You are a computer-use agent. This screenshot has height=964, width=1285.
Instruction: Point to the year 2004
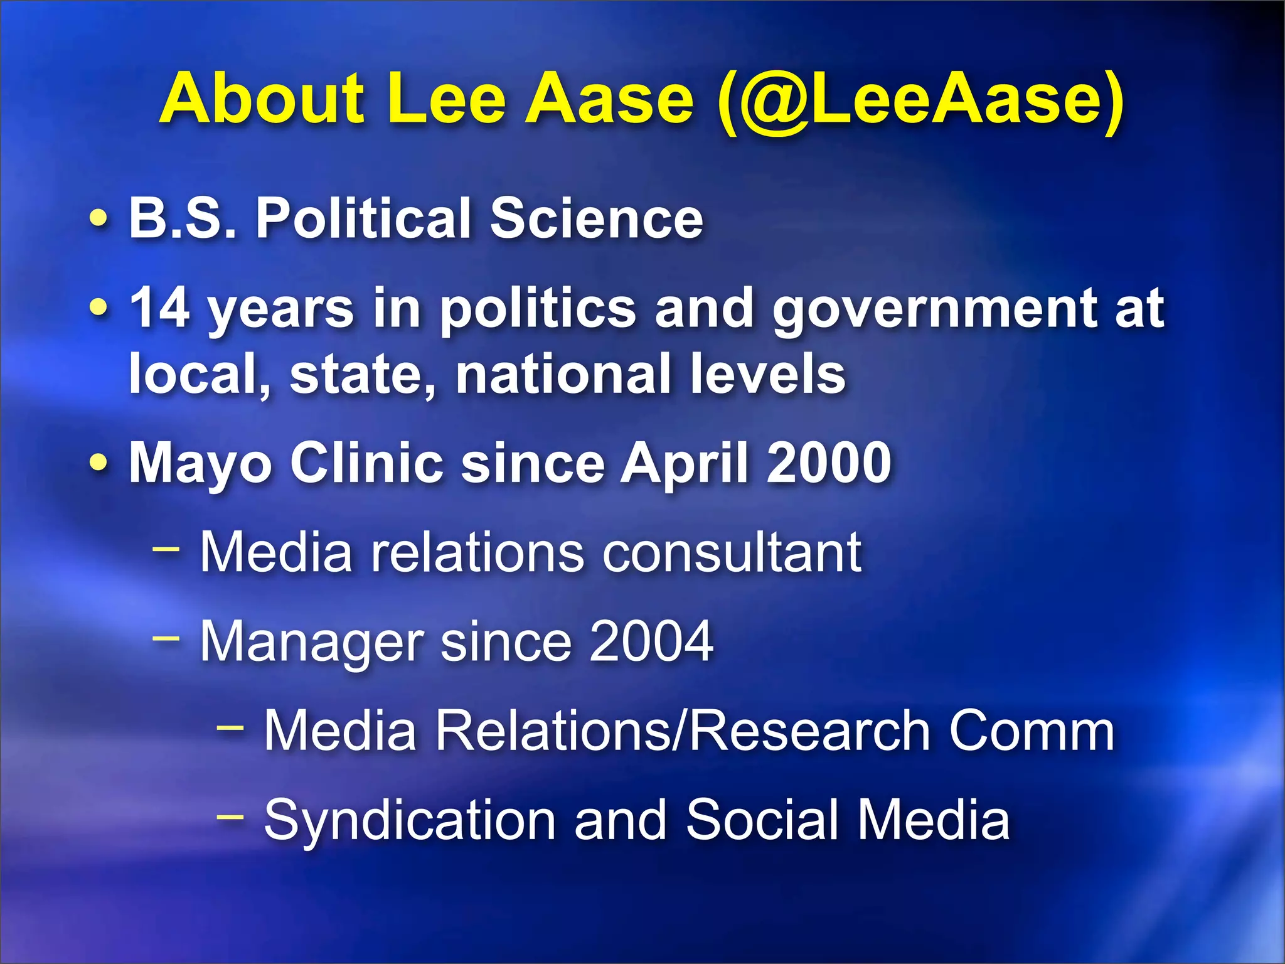click(651, 641)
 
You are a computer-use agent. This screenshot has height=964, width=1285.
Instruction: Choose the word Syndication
click(410, 821)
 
